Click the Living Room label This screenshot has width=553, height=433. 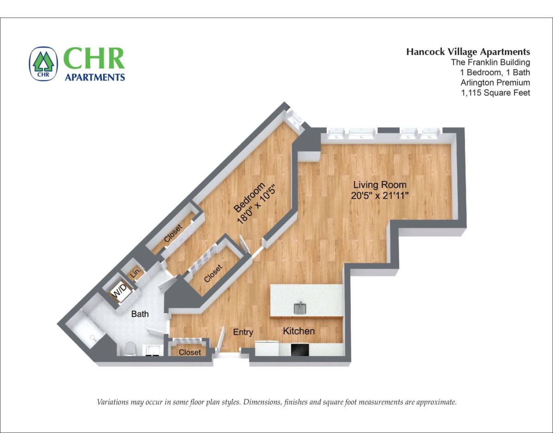tap(380, 185)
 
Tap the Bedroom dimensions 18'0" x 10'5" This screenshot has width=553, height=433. tap(257, 204)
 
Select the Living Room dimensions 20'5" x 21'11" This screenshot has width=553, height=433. tap(380, 196)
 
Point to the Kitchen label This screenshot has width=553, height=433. tap(299, 331)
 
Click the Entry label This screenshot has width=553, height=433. tap(243, 332)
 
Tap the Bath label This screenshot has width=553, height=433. tap(140, 314)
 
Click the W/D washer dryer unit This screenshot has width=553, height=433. tap(120, 291)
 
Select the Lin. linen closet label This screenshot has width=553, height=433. tap(135, 273)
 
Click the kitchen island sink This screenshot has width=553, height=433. tap(300, 308)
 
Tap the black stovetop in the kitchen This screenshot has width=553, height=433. tap(300, 349)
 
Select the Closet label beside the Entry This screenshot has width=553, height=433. tap(190, 352)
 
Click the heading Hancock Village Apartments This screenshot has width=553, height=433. tap(468, 52)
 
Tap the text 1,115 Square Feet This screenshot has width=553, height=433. tap(495, 93)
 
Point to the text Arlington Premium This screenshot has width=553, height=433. tap(495, 83)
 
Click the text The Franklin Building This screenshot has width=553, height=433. tap(490, 62)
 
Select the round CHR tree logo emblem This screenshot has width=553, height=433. tap(43, 64)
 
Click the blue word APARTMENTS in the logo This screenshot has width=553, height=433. tap(95, 77)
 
